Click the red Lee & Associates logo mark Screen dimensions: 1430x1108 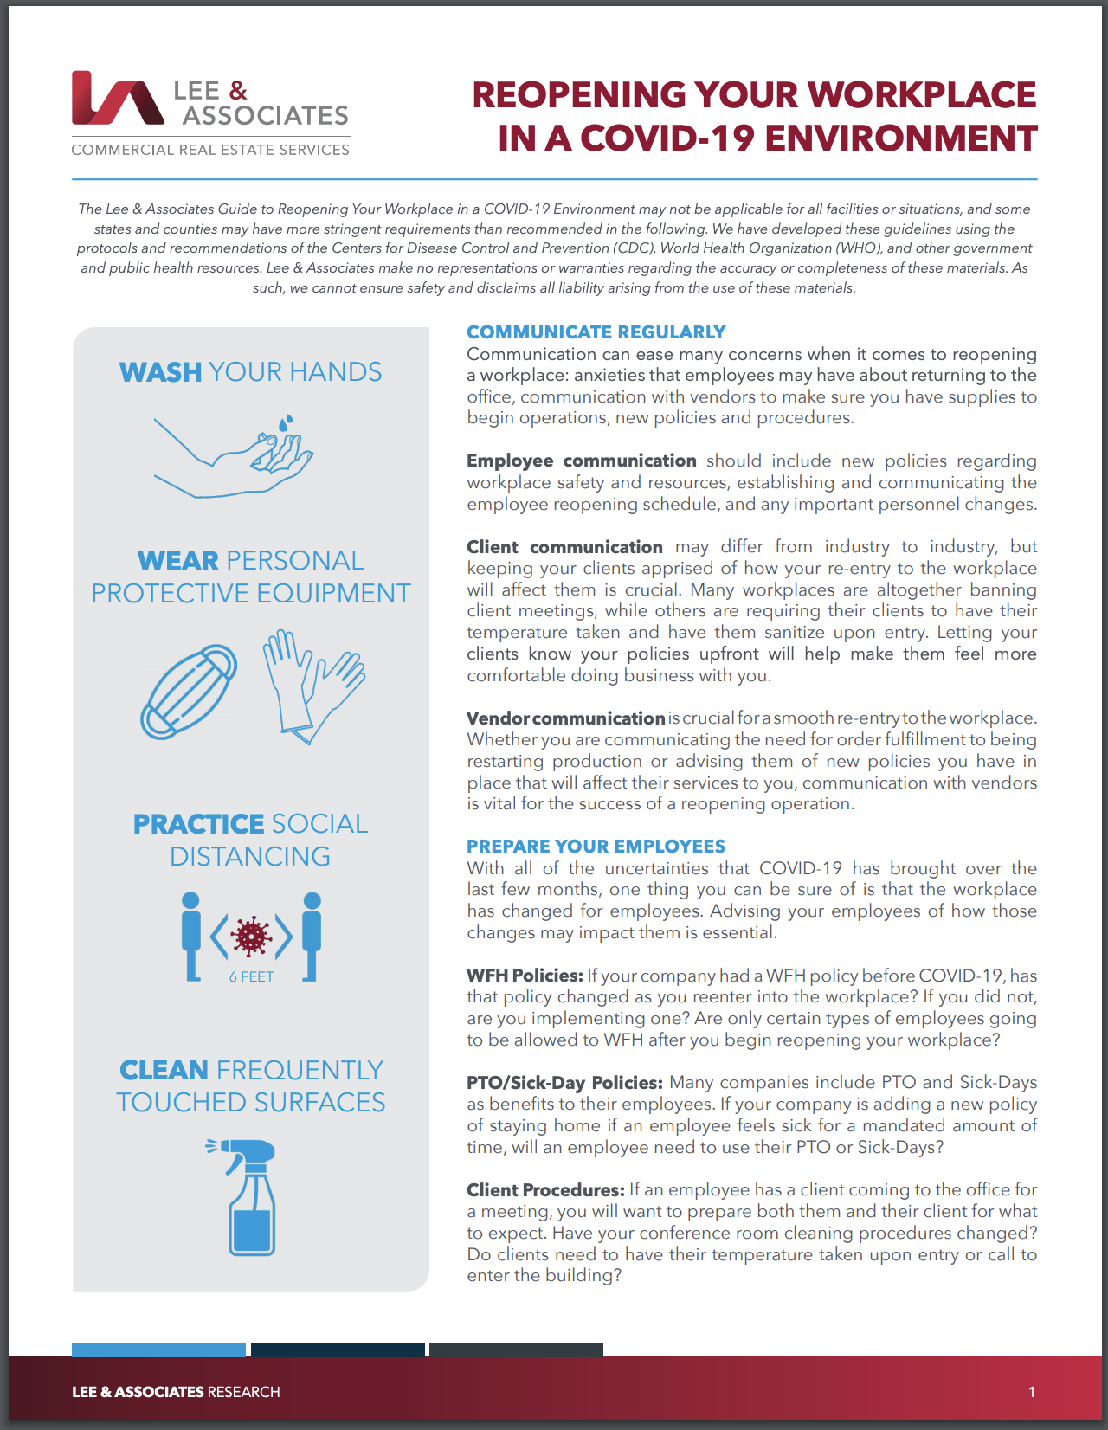(x=118, y=98)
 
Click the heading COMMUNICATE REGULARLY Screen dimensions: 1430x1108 (x=596, y=332)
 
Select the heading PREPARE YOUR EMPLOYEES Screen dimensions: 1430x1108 (x=596, y=847)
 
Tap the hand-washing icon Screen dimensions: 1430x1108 (x=235, y=456)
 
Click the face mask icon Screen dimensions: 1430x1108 (x=189, y=691)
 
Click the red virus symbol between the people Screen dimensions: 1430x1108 (x=252, y=936)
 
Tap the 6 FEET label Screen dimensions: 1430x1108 (x=251, y=977)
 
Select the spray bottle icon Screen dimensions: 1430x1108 (x=249, y=1196)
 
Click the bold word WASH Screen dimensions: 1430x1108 (x=161, y=372)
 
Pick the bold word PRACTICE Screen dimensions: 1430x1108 (x=198, y=824)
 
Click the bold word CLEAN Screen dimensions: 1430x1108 (x=164, y=1071)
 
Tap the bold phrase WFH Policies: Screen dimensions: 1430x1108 (x=525, y=976)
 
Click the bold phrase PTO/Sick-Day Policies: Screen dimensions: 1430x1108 (x=564, y=1083)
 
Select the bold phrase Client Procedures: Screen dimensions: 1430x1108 (x=545, y=1190)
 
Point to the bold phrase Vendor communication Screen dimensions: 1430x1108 (x=565, y=718)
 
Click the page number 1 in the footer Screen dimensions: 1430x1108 (x=1032, y=1392)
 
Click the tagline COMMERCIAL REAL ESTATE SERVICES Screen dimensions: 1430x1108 (x=210, y=150)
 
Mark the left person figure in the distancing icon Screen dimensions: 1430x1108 (x=191, y=936)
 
